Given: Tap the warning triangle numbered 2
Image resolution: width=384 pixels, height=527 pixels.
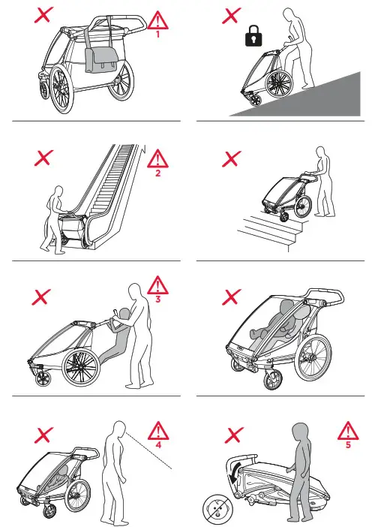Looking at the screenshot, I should [157, 158].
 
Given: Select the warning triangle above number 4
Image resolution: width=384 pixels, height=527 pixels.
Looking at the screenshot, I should [158, 430].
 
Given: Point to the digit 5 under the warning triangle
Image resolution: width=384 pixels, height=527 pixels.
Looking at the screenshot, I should [347, 444].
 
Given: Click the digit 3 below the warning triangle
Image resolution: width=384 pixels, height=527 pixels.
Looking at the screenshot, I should [157, 299].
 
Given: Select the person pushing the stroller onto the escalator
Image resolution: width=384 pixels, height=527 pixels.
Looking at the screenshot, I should [54, 218].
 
